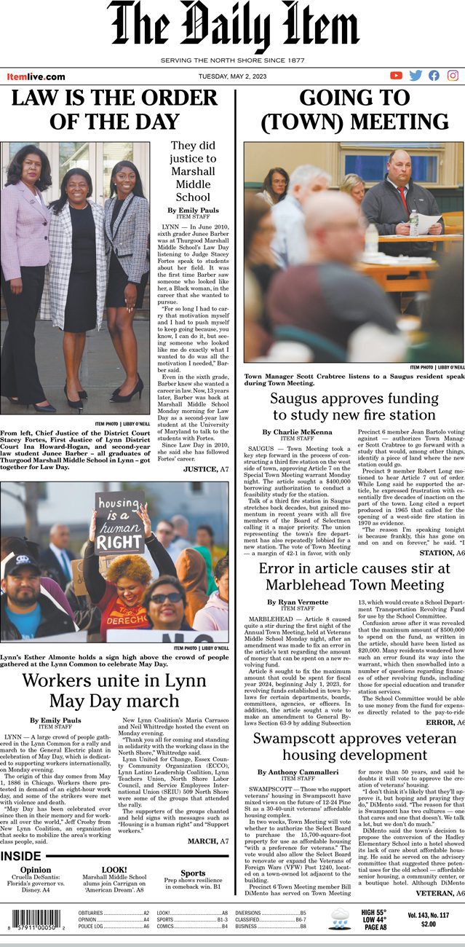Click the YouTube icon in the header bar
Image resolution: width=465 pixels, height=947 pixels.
396,75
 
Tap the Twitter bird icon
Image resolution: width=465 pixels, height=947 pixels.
416,75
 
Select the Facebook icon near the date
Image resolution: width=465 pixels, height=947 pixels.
434,75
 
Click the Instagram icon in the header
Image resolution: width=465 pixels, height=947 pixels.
453,75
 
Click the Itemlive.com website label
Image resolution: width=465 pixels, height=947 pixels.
36,76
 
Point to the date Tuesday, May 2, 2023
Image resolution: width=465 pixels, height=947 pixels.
233,76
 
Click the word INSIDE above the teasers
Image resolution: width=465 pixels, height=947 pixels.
21,856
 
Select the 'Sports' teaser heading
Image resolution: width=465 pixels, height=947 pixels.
193,873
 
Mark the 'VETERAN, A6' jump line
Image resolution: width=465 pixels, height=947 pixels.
440,892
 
